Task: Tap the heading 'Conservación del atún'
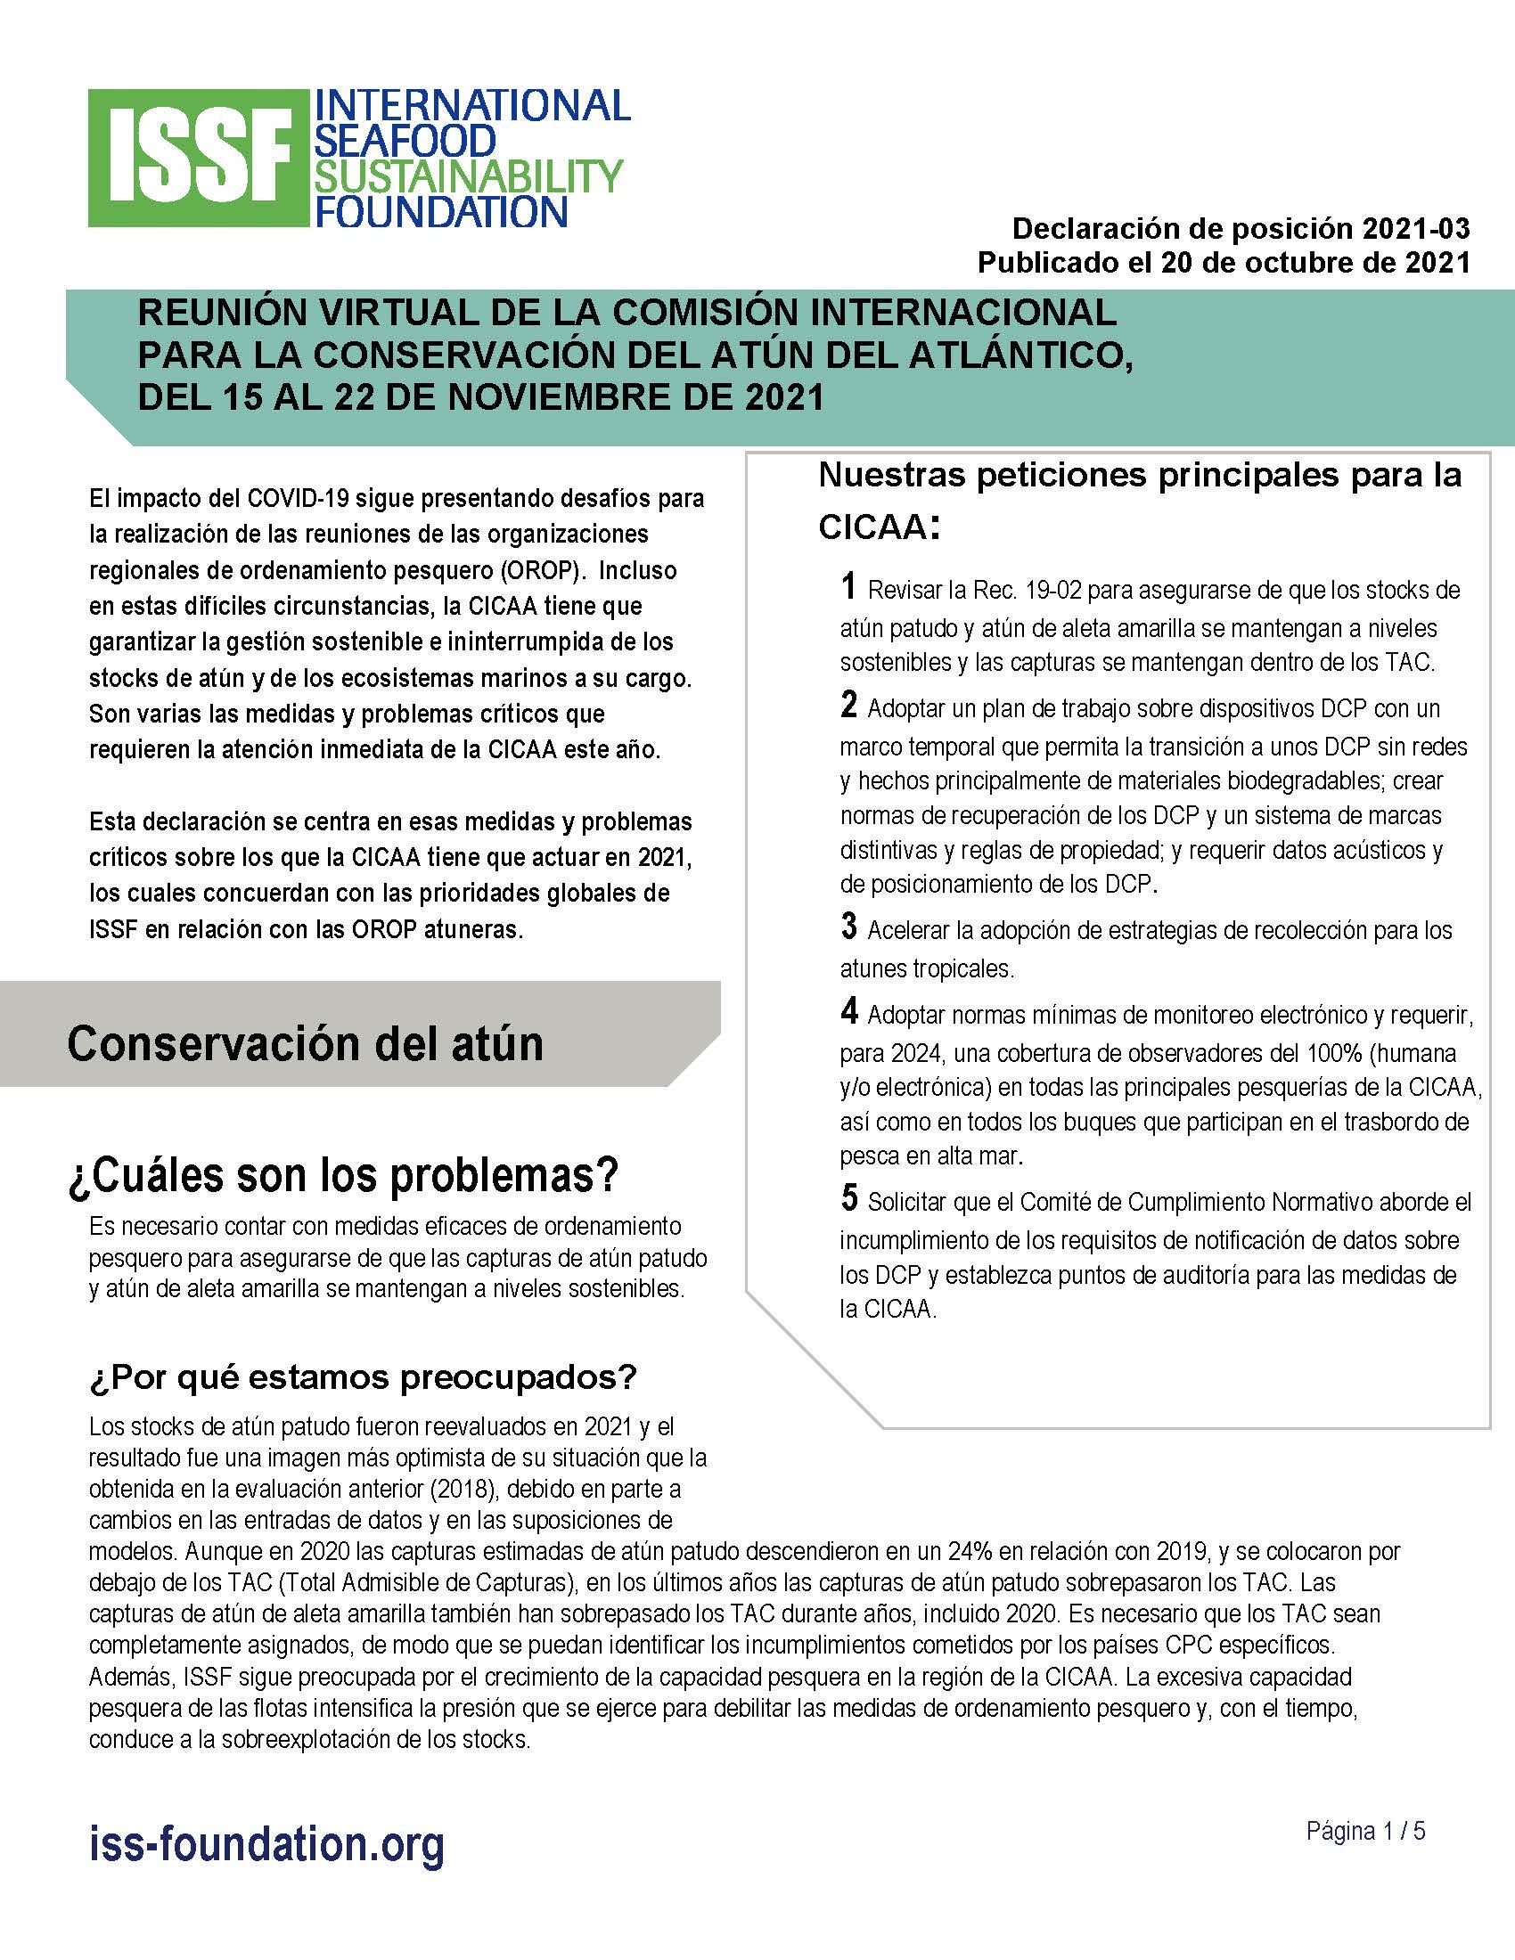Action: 305,1043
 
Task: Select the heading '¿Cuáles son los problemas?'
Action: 343,1175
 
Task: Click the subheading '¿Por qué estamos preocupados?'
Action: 363,1376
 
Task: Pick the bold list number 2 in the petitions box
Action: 849,705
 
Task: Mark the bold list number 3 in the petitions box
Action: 849,927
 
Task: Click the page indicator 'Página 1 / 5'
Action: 1365,1831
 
